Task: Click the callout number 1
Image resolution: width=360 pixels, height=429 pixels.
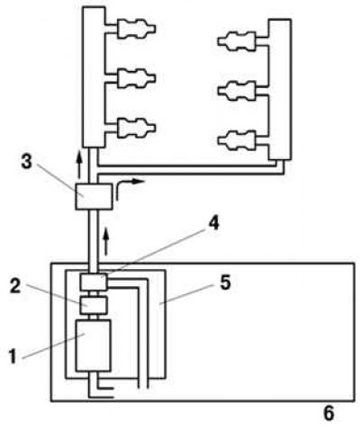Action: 13,357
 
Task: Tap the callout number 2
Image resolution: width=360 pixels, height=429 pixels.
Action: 15,286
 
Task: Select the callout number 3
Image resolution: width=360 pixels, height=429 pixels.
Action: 27,162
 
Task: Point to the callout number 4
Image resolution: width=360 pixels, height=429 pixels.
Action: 213,223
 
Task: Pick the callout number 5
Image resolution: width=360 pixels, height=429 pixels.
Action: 225,282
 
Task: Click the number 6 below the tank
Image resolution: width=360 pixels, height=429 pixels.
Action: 328,414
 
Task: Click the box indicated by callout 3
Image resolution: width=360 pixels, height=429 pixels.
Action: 94,196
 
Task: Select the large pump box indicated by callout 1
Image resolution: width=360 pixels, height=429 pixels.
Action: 93,345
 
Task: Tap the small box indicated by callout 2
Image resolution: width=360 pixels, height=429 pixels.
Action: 94,305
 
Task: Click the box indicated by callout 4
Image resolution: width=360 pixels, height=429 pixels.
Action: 94,282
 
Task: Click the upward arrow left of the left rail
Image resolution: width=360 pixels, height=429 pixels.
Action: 79,164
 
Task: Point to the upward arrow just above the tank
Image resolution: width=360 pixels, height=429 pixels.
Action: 105,241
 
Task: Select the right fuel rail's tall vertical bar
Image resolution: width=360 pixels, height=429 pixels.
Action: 280,89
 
